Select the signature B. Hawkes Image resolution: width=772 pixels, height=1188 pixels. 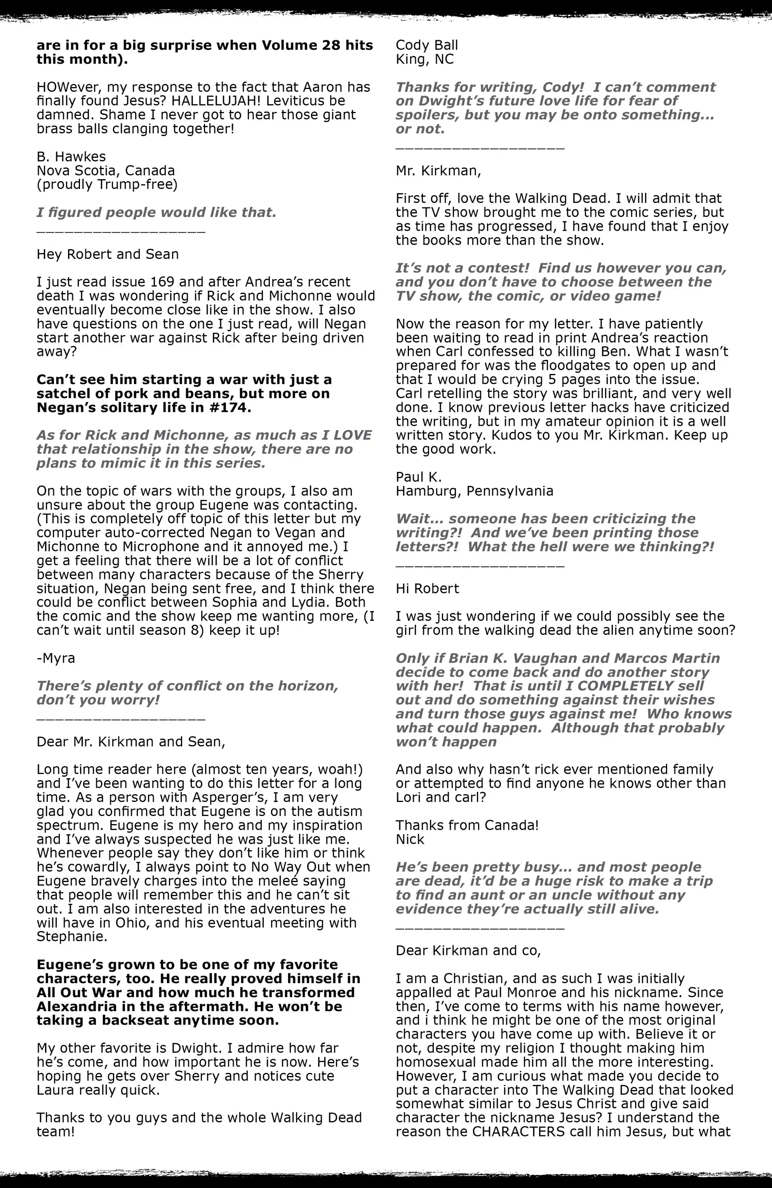[x=71, y=157]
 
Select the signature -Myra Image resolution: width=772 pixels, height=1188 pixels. [x=56, y=658]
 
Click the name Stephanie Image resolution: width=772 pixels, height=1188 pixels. [x=71, y=937]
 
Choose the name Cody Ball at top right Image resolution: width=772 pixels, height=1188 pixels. [x=426, y=45]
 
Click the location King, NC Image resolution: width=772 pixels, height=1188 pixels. [x=425, y=60]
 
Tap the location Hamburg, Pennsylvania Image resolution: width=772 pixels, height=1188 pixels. [x=474, y=491]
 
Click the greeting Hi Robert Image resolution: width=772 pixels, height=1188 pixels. [x=427, y=589]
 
